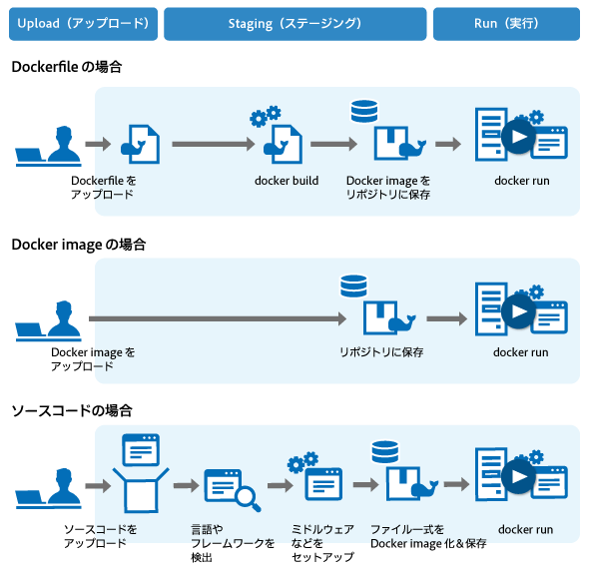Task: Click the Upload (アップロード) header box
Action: coord(84,24)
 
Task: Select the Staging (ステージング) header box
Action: coord(294,24)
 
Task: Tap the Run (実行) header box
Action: coord(506,24)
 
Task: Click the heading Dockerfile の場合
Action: coord(67,67)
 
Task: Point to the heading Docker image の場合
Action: coord(79,245)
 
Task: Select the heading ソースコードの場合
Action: coord(72,410)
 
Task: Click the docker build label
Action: coord(287,181)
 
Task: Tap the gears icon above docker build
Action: coord(266,116)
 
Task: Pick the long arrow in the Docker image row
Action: coord(218,318)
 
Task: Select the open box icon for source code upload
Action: coord(141,490)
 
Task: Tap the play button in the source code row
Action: coord(519,476)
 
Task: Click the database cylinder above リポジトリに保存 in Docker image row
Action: coord(353,286)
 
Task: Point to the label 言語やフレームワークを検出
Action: coord(233,543)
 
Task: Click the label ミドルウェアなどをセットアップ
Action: coord(322,543)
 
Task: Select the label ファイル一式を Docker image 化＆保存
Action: coord(428,536)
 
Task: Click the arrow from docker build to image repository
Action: coord(334,144)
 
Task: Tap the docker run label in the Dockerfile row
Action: coord(522,181)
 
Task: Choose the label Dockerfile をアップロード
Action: coord(103,188)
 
